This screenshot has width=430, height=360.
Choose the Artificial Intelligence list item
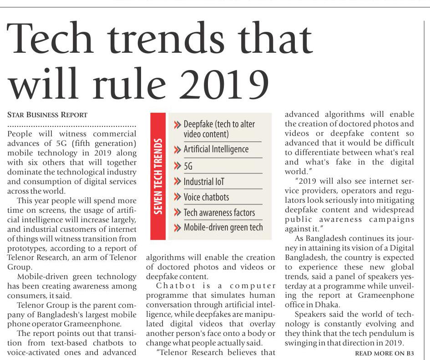(216, 149)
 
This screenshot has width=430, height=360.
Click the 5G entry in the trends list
(188, 166)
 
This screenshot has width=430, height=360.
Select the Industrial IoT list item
(204, 182)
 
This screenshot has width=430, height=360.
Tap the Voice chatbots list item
(206, 197)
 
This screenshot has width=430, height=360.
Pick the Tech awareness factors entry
(219, 212)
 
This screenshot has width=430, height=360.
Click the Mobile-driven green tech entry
(223, 227)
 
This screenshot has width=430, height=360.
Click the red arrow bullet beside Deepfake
(177, 125)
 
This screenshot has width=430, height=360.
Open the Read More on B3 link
(384, 353)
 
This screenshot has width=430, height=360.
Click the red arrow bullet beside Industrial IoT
(177, 182)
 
